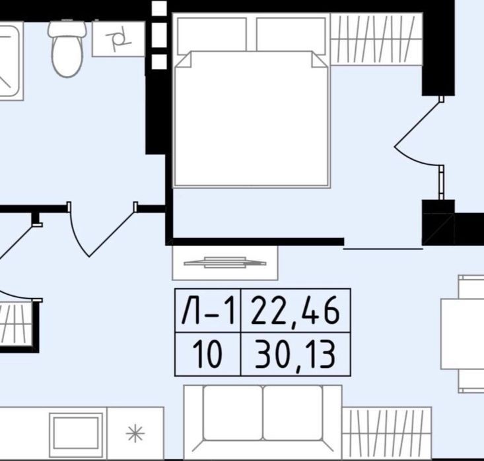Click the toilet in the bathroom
pos(67,47)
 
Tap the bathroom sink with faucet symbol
pos(119,39)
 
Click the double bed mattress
pos(252,119)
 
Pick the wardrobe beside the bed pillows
pos(376,39)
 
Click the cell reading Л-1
pos(208,311)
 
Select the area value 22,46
pos(295,311)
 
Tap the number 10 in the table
pos(207,355)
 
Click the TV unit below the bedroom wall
pos(225,262)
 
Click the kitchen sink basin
pos(76,433)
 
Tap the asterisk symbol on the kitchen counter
pos(135,433)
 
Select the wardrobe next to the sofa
pos(387,433)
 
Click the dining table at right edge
pos(462,334)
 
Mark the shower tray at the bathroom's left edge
pos(10,63)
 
